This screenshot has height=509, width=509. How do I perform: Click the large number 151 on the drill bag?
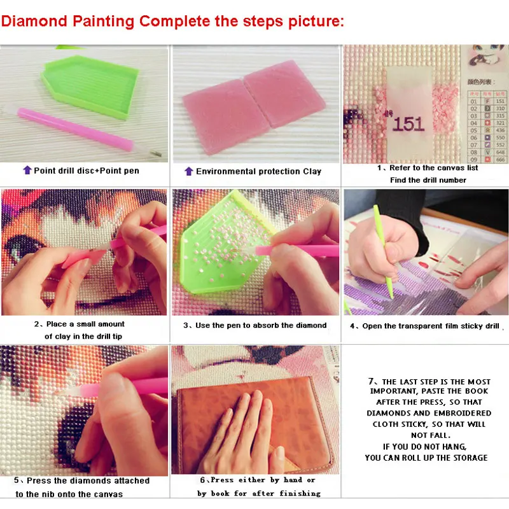coord(408,123)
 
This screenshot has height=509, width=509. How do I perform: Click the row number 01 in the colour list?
coord(473,101)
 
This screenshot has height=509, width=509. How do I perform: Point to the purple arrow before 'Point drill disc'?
coord(27,171)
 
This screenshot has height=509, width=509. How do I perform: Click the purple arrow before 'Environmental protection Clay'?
coord(188,171)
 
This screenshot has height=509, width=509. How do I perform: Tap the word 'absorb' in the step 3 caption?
coord(262,325)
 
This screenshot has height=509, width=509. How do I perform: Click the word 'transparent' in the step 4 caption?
coord(419,326)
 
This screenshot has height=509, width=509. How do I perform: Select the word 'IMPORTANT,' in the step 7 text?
coord(394,391)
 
